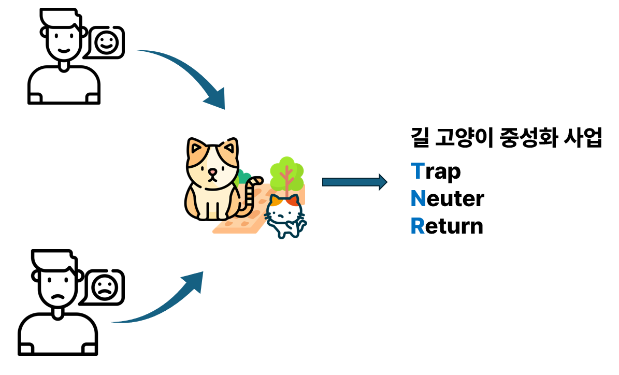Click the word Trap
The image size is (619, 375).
(x=436, y=171)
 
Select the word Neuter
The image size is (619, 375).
(x=447, y=199)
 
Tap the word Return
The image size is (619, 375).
(x=447, y=226)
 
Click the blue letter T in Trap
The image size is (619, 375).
(x=417, y=171)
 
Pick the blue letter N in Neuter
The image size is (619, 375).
(x=418, y=199)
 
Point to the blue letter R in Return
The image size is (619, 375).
(x=418, y=226)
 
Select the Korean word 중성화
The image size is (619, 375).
(x=520, y=140)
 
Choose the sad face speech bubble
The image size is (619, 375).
(x=106, y=286)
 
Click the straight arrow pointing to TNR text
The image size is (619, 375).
(x=354, y=182)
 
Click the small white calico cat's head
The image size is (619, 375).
(x=284, y=209)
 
